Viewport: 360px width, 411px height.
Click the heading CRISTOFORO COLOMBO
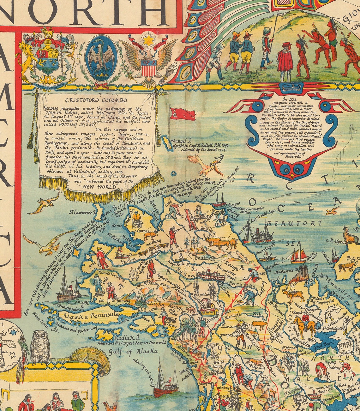pos(97,100)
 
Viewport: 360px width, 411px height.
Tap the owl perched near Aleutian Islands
pos(40,347)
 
